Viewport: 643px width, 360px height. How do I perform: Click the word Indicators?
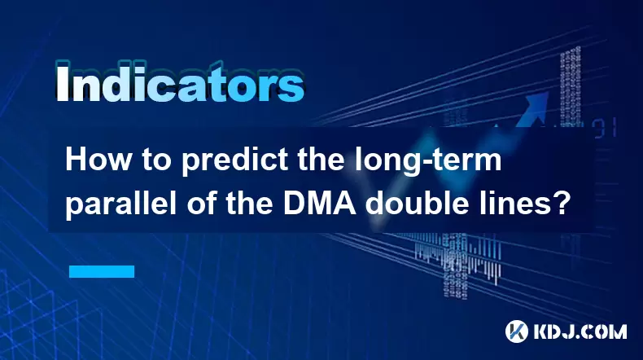click(x=180, y=83)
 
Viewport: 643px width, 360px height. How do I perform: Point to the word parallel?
click(x=121, y=204)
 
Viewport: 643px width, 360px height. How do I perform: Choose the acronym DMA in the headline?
click(x=319, y=204)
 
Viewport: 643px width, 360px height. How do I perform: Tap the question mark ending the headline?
click(x=559, y=203)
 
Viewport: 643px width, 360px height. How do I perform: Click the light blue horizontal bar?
click(x=102, y=271)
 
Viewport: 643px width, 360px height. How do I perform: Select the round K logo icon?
click(x=517, y=331)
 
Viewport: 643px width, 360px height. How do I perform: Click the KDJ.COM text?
click(x=580, y=331)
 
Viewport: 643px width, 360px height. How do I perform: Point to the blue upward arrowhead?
click(x=536, y=105)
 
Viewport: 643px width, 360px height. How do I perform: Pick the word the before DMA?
click(x=250, y=203)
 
